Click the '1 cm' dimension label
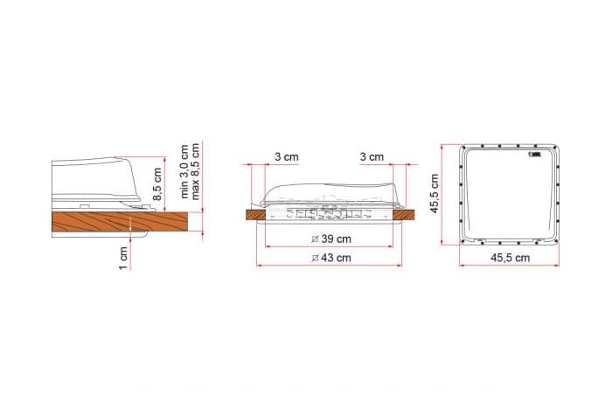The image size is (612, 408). [123, 255]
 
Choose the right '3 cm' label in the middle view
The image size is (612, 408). [371, 156]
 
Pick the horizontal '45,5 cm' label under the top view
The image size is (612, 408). [510, 258]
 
